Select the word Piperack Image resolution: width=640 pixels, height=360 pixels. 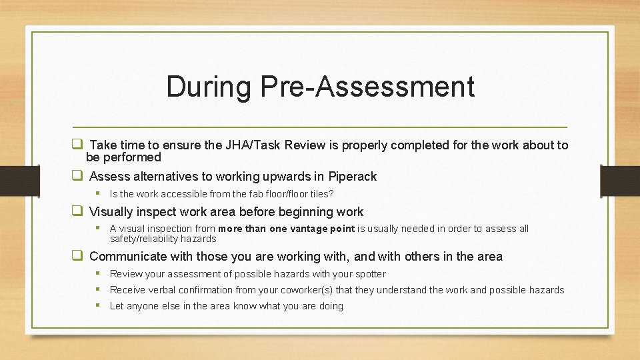point(352,177)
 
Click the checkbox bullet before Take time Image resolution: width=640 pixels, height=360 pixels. point(77,145)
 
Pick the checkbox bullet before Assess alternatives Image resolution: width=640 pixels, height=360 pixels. point(77,176)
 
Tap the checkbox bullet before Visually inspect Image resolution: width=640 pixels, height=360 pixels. point(77,211)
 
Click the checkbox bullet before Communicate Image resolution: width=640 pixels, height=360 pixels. point(77,256)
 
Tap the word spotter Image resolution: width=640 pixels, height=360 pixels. point(370,274)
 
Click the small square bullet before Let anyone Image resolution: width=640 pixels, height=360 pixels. point(97,305)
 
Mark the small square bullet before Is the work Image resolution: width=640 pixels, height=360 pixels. point(97,193)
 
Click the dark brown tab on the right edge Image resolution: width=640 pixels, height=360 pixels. point(620,180)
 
